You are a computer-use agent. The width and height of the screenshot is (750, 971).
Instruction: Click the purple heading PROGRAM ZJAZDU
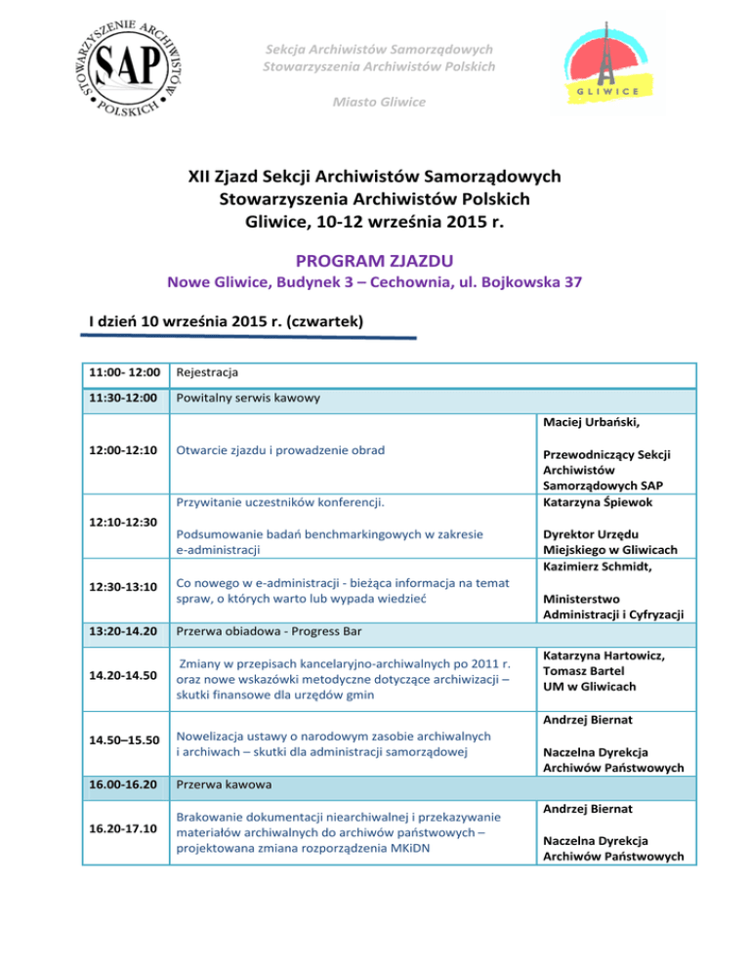[x=375, y=261]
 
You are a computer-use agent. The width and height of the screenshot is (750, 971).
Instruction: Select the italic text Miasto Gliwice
[x=375, y=102]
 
